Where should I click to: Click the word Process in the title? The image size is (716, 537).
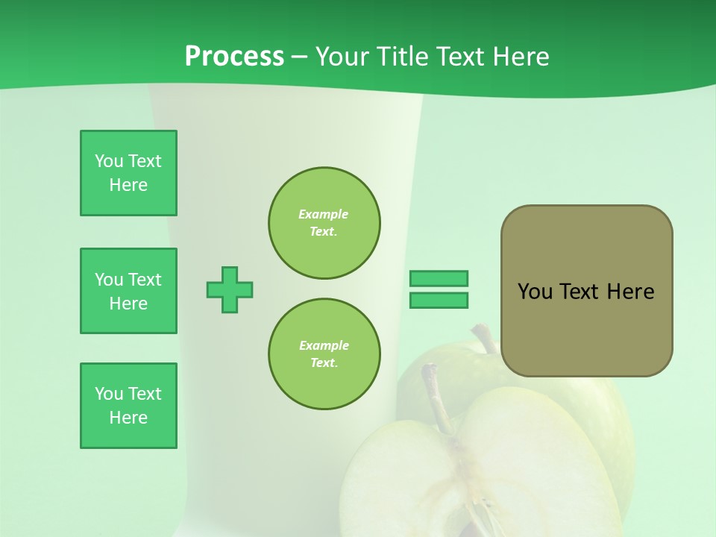234,57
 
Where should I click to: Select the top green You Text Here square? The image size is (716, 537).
128,173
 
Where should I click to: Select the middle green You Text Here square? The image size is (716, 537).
128,291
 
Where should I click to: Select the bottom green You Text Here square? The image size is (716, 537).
128,406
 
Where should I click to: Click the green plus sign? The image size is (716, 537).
230,289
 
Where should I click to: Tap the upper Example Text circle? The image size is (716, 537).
324,223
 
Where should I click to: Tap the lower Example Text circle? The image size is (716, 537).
324,354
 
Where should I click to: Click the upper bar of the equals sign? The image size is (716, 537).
439,279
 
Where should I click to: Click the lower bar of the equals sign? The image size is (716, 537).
439,301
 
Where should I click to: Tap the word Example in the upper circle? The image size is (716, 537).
323,214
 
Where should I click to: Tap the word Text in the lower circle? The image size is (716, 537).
323,363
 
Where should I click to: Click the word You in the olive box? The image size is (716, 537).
534,292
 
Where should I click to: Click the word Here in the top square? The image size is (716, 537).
128,185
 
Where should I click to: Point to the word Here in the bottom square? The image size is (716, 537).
128,418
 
